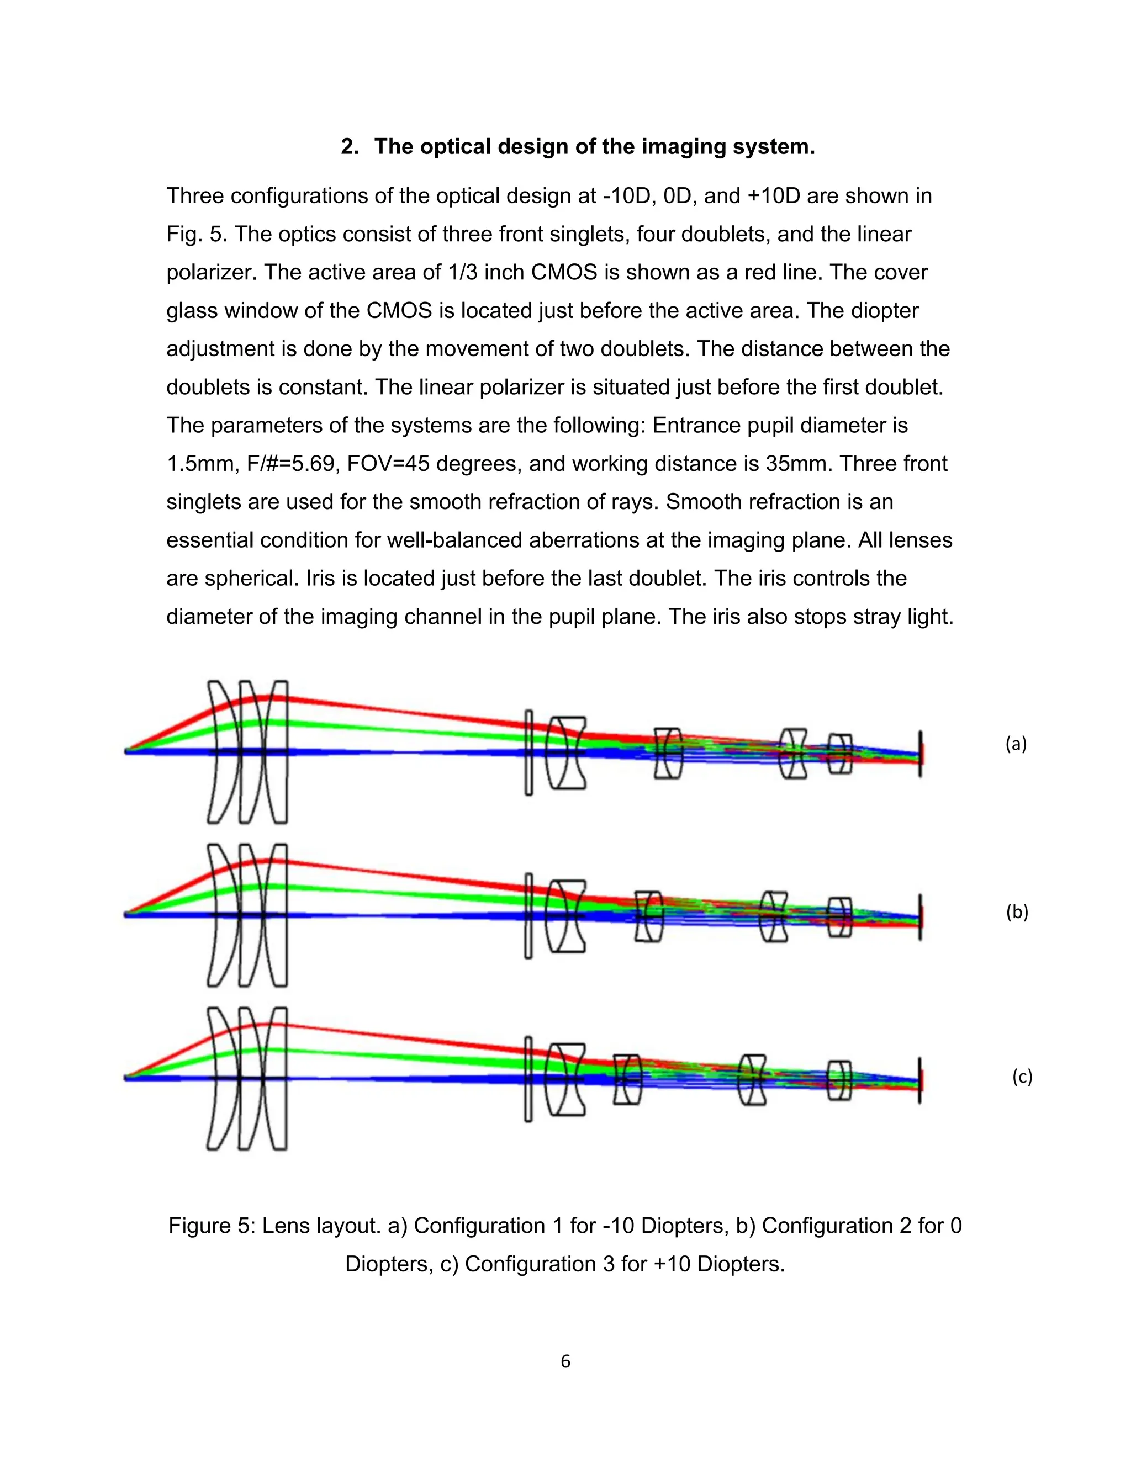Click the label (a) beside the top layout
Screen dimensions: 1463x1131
coord(1016,744)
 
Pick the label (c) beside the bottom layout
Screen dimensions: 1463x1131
coord(1022,1077)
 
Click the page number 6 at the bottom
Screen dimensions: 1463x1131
coord(565,1361)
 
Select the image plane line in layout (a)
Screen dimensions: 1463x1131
coord(920,754)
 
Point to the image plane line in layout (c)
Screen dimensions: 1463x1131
coord(920,1080)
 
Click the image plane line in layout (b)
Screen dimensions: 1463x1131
coord(920,917)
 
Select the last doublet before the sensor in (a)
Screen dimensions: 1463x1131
coord(839,754)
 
